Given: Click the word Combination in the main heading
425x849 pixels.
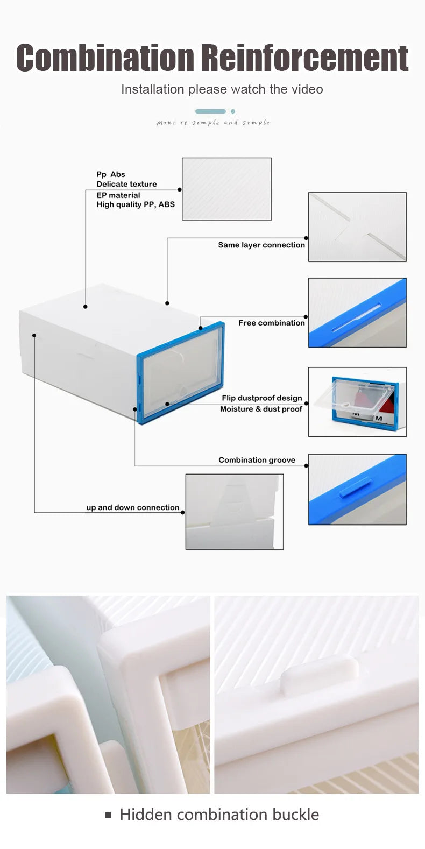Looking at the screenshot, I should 105,58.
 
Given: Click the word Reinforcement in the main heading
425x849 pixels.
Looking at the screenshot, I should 304,58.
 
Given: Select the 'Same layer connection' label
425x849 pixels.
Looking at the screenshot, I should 261,245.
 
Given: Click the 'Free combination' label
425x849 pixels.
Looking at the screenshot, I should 272,323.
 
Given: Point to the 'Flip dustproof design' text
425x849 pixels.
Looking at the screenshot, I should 262,398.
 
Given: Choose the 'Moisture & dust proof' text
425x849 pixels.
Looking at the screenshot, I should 261,409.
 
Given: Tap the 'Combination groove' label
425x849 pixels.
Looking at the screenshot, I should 257,460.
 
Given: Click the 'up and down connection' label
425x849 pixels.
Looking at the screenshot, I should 132,507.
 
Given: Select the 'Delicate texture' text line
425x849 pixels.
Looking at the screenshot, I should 126,184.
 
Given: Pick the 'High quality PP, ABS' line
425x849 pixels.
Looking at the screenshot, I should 136,204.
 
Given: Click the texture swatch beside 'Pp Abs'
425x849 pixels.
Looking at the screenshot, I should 226,189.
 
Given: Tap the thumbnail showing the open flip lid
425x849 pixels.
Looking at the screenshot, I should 357,401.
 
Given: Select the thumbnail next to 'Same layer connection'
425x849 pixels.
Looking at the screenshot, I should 357,227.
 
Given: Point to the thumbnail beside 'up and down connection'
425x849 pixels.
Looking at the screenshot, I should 234,512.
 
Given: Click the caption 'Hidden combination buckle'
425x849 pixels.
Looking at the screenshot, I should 219,815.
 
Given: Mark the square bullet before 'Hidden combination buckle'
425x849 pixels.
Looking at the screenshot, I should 108,815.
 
